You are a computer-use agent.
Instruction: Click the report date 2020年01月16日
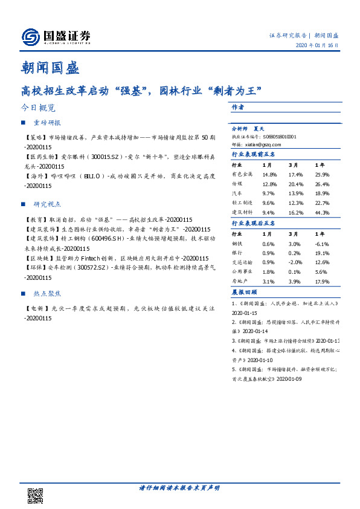tap(317, 46)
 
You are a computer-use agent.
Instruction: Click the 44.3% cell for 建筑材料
tap(322, 213)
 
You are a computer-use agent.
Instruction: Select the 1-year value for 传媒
tap(322, 184)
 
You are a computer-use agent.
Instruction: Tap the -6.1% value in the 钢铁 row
tap(322, 243)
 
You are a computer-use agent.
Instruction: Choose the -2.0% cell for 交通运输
tap(295, 262)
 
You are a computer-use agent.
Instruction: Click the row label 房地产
tap(240, 282)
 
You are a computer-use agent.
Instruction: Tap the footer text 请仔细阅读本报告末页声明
tap(179, 488)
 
